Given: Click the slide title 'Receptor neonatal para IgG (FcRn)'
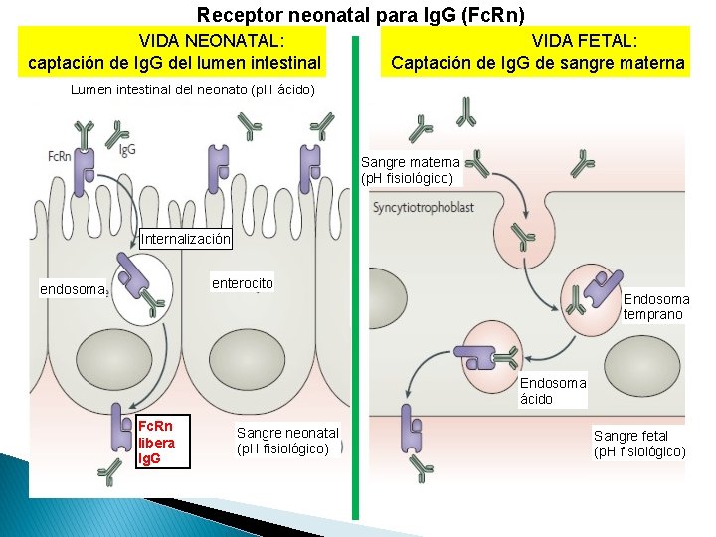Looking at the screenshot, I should tap(360, 15).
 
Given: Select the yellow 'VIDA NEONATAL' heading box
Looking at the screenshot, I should tap(176, 52).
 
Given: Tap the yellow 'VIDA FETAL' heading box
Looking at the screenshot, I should tap(537, 52).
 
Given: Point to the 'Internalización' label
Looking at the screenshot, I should tap(186, 239).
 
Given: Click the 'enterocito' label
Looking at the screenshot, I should tap(242, 283).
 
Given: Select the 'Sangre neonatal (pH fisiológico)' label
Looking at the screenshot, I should tap(287, 440).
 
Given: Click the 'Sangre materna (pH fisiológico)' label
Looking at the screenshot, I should tap(410, 170).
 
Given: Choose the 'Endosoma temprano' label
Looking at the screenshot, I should tap(655, 306).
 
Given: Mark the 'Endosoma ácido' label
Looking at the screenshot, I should tap(552, 391).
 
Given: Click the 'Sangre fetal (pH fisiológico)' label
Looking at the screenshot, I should tap(638, 444).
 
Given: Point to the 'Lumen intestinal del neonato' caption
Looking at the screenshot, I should tap(193, 89).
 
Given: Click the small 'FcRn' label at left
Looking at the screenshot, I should tap(59, 156).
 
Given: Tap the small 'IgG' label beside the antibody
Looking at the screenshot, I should tap(127, 151).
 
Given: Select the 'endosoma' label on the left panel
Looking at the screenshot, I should tap(73, 289).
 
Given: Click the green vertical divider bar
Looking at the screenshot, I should tap(355, 278).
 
